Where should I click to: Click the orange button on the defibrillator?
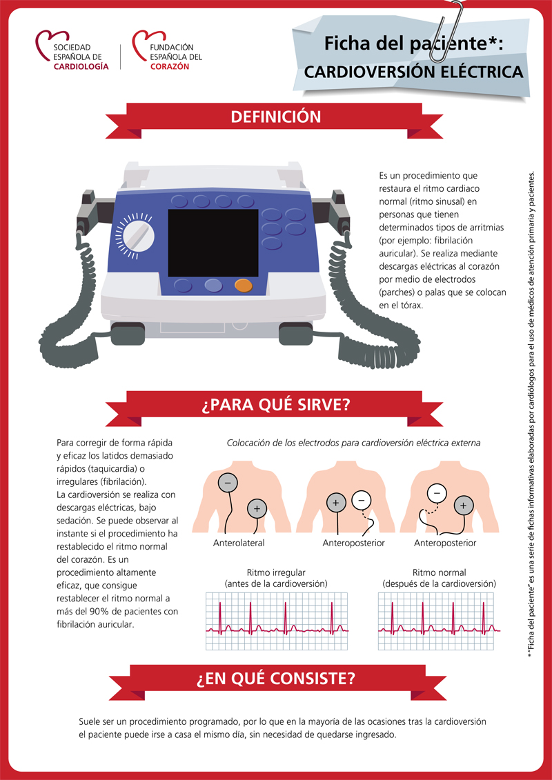pos(244,285)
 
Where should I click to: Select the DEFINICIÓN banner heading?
pos(275,117)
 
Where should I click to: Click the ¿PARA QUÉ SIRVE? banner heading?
pos(275,405)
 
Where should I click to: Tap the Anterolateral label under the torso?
pos(239,543)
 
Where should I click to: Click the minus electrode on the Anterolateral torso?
pos(228,483)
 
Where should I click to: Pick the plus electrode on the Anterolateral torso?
pos(257,509)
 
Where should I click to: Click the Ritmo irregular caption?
pos(276,578)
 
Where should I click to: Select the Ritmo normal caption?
pos(439,578)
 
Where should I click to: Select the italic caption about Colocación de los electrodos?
pos(353,443)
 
